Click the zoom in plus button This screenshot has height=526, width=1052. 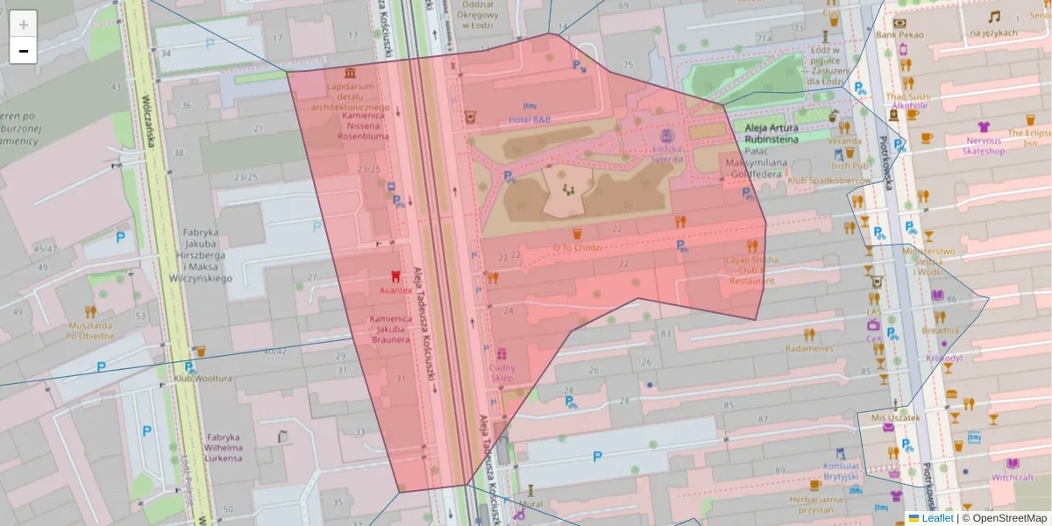tap(24, 24)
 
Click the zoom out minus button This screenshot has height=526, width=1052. tap(24, 51)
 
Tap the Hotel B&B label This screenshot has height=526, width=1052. tap(530, 118)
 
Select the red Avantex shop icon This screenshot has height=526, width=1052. tap(395, 275)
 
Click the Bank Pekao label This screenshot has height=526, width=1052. tap(899, 33)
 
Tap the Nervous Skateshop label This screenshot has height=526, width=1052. tap(984, 145)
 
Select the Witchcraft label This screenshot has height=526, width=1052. tap(1013, 478)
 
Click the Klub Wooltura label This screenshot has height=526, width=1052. tap(203, 378)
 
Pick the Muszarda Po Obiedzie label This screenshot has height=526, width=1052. tap(91, 330)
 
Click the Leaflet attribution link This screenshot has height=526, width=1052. tap(937, 518)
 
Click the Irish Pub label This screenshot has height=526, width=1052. tap(849, 165)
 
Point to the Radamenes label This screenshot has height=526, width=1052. tap(808, 348)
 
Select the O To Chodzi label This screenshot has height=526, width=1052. tap(577, 247)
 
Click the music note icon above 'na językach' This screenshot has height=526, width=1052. tap(993, 17)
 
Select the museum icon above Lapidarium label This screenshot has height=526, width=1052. tap(351, 72)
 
